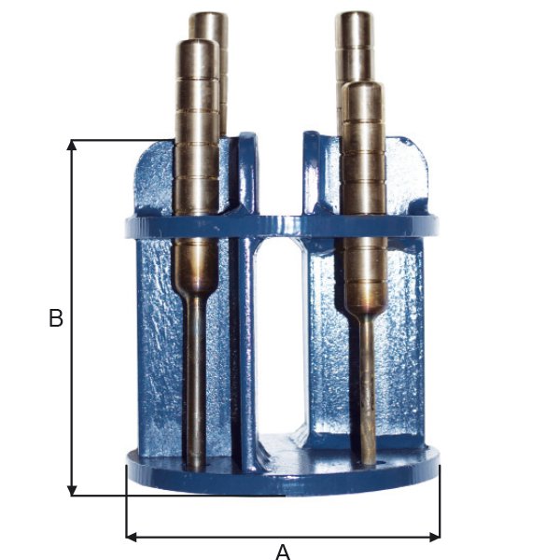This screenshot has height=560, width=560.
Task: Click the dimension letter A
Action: (283, 553)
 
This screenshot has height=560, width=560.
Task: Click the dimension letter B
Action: (56, 317)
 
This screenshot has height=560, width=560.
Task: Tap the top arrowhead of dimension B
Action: (72, 145)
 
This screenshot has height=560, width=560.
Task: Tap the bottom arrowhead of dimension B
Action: (72, 490)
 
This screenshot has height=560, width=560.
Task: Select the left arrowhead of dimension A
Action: (132, 537)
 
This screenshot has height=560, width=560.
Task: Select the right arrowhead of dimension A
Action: (435, 537)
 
